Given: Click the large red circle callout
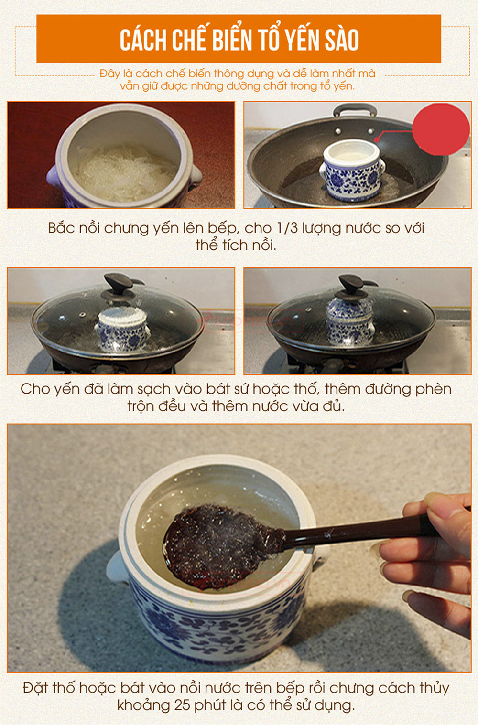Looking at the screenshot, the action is click(441, 129).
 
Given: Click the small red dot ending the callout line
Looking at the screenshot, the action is click(377, 139).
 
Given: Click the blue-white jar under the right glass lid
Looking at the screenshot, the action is click(349, 321).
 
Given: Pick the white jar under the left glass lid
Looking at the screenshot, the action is click(122, 329).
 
